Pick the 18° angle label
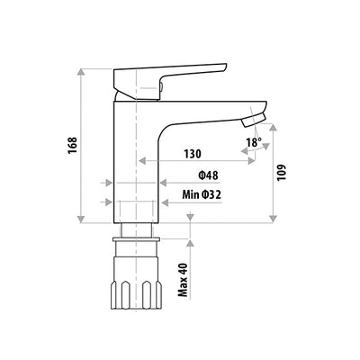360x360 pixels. pos(254,141)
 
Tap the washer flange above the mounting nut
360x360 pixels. pos(137,241)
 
